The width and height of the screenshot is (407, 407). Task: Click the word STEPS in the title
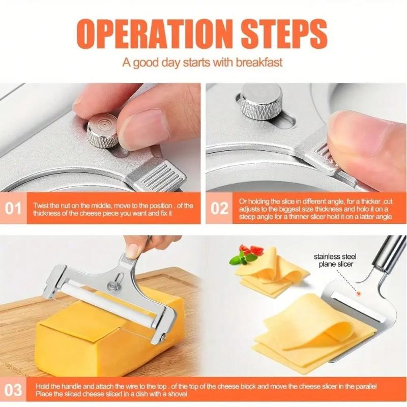click(x=277, y=33)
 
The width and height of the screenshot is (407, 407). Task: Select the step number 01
click(x=14, y=208)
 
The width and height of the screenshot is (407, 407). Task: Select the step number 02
click(x=220, y=208)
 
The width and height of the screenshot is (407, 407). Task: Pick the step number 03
click(x=14, y=390)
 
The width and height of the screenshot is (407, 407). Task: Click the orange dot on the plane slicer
click(x=359, y=294)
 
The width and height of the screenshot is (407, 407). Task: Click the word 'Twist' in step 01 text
click(x=42, y=205)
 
